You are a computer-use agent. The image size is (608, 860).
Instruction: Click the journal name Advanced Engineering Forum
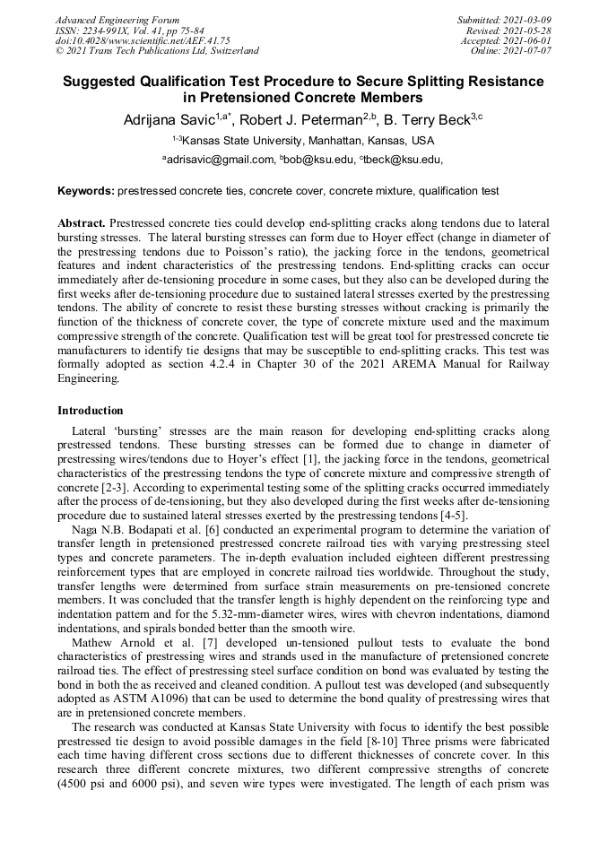click(117, 20)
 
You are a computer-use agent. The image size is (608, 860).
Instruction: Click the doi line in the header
click(143, 41)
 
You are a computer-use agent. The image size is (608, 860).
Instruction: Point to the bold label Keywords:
click(86, 191)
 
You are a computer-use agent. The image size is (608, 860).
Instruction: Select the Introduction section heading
click(91, 410)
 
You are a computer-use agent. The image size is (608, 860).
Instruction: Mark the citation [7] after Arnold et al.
click(188, 643)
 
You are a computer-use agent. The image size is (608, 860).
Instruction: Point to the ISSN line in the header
click(129, 30)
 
